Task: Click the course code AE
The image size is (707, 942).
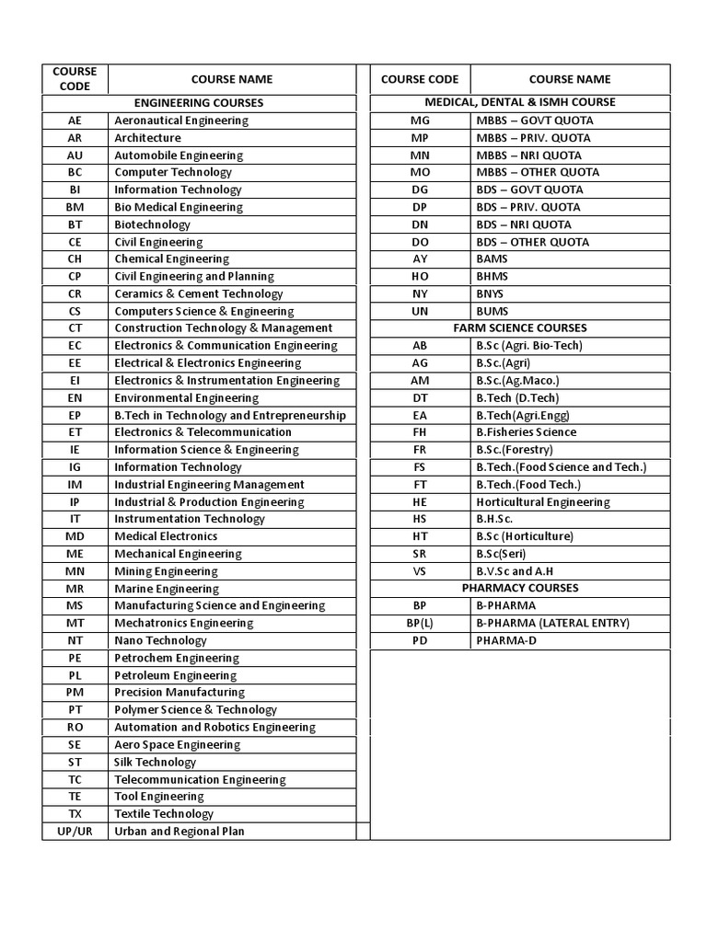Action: (x=75, y=121)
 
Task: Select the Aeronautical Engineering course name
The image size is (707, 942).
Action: (x=180, y=121)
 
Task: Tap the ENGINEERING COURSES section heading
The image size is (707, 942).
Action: (x=199, y=103)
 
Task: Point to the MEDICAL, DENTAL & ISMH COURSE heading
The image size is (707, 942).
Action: (x=520, y=102)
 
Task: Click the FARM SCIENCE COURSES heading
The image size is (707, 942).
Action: (x=520, y=327)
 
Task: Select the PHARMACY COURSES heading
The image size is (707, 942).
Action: (x=520, y=588)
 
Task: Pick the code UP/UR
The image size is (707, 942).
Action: (x=75, y=832)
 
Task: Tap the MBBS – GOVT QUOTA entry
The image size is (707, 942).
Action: (x=534, y=121)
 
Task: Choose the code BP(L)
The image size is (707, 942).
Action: (x=420, y=623)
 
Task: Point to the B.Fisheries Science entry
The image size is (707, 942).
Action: (x=526, y=432)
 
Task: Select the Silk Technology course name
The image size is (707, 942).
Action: (x=155, y=762)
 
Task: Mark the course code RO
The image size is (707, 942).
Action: (x=75, y=727)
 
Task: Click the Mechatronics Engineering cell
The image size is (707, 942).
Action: (x=183, y=623)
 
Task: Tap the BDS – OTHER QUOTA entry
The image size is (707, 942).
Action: (x=533, y=242)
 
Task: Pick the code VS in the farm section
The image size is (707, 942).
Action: (x=420, y=571)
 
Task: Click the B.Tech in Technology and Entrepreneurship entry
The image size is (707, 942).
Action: (x=230, y=415)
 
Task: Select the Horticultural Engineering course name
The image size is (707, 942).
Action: (x=542, y=502)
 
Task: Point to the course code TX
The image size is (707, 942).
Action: (x=75, y=814)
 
